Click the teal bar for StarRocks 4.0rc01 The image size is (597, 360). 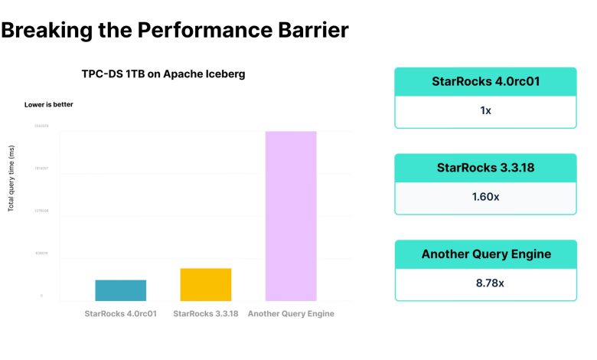121,290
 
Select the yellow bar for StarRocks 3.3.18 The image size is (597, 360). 206,284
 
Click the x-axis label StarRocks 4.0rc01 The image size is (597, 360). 121,313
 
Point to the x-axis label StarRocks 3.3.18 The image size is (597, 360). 206,313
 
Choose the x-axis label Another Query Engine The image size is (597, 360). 291,313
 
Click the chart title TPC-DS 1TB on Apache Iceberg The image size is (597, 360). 163,74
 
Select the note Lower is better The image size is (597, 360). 49,104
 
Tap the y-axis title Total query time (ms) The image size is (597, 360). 11,181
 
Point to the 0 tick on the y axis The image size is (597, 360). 42,296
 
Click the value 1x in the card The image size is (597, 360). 485,111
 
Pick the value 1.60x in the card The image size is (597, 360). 485,197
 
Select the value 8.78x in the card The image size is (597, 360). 485,283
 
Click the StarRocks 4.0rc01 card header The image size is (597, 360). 485,81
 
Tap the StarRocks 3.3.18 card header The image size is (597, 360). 485,168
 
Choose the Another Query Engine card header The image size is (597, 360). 485,254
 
